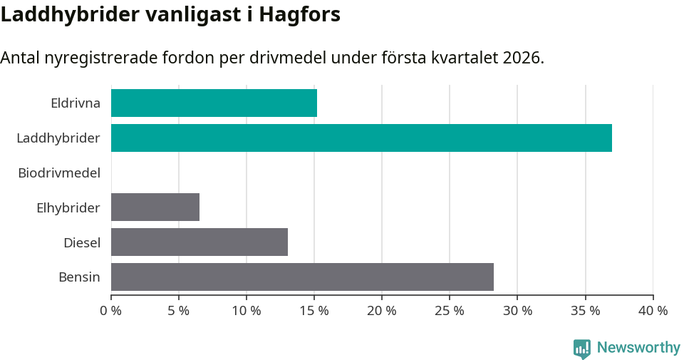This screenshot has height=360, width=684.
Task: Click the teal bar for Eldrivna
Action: tap(214, 103)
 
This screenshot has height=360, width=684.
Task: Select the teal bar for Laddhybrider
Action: tap(361, 138)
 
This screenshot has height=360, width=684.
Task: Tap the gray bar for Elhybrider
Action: tap(155, 207)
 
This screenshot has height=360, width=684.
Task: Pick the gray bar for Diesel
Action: tap(199, 242)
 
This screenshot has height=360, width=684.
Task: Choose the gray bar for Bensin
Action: tap(302, 277)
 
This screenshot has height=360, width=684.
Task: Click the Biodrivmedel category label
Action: tap(59, 173)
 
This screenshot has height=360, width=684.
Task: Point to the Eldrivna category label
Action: tap(76, 103)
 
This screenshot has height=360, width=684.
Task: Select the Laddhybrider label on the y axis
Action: tap(58, 138)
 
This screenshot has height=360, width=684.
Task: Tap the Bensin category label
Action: tap(79, 277)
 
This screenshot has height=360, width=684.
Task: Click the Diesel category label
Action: tap(82, 242)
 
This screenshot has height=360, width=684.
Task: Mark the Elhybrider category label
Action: tap(68, 207)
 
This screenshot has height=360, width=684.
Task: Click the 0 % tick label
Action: tap(111, 311)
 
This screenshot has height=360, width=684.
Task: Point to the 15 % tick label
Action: tap(314, 311)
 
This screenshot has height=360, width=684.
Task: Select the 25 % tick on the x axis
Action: tap(450, 311)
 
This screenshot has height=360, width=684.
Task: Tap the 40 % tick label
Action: tap(653, 311)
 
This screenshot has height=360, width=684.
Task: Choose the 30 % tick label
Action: tap(517, 311)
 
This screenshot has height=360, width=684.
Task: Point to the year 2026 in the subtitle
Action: tap(521, 58)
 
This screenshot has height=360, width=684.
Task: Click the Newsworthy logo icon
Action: tap(582, 348)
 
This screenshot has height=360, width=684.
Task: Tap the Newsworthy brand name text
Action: tap(638, 348)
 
